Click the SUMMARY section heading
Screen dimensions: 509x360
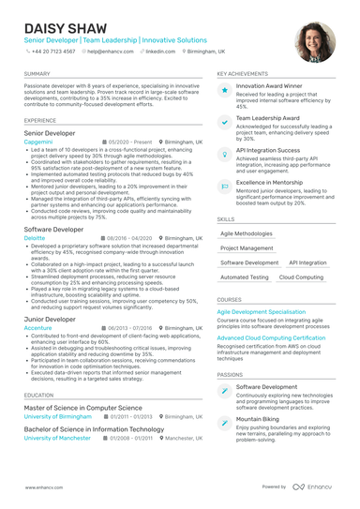click(x=37, y=73)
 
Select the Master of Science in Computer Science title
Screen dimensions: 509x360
click(x=84, y=409)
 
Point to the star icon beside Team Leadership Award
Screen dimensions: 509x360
click(x=224, y=121)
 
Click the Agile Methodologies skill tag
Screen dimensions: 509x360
click(x=246, y=232)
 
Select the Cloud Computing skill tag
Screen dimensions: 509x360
click(x=302, y=277)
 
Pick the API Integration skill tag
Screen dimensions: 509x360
click(x=307, y=263)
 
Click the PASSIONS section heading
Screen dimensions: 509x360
click(x=230, y=374)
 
